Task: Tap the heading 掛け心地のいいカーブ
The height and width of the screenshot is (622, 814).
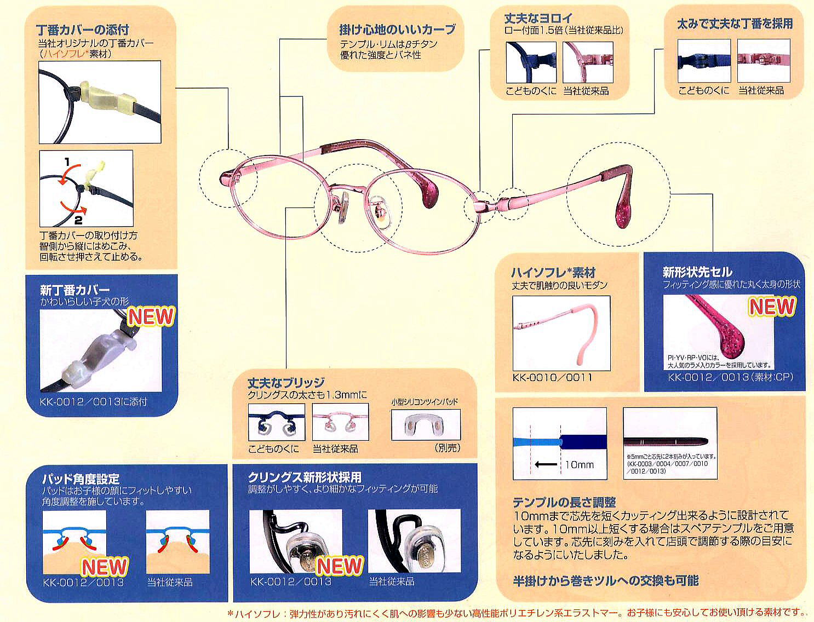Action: pyautogui.click(x=397, y=30)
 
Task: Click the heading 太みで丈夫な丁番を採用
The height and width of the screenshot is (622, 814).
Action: pyautogui.click(x=735, y=24)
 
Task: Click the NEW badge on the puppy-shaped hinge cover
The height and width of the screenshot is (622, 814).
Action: pyautogui.click(x=151, y=316)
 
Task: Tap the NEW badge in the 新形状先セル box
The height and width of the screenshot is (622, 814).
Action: pyautogui.click(x=772, y=307)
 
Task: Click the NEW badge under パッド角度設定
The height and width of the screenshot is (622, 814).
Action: pyautogui.click(x=105, y=567)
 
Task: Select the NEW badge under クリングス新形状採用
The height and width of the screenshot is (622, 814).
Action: pyautogui.click(x=340, y=566)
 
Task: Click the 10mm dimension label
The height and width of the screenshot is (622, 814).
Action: pyautogui.click(x=579, y=465)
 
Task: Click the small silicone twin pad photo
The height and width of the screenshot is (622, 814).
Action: pyautogui.click(x=425, y=424)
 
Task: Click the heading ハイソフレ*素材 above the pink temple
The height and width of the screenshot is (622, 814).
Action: pyautogui.click(x=553, y=272)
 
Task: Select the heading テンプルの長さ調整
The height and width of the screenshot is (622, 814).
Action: pyautogui.click(x=564, y=502)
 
